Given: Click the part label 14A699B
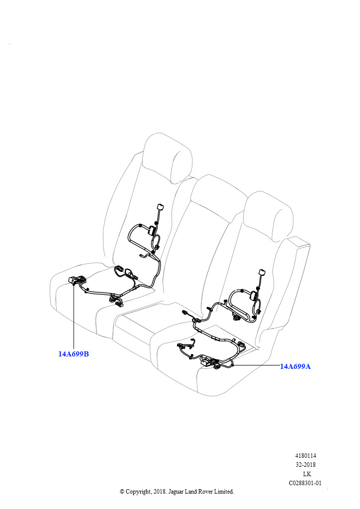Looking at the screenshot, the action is click(x=74, y=354).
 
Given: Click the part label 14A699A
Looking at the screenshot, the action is click(x=295, y=366).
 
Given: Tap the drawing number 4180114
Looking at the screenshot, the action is click(x=305, y=456).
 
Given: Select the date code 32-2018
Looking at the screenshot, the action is click(x=305, y=465).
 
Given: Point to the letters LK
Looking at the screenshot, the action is click(x=307, y=474).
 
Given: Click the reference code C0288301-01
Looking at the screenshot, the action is click(x=305, y=483).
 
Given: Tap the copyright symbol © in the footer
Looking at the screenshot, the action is click(x=122, y=492).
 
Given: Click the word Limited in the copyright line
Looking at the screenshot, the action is click(x=224, y=492).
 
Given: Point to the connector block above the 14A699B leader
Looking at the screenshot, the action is click(x=77, y=279).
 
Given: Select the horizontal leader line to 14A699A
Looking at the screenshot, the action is click(x=257, y=365).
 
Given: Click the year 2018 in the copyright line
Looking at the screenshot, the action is click(x=159, y=492).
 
